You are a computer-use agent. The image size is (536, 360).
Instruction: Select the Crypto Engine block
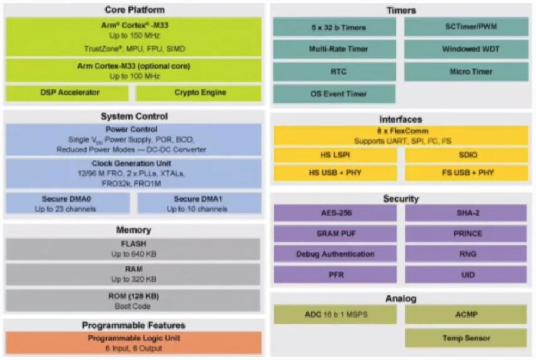[199, 93]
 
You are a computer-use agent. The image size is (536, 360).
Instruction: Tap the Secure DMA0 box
[67, 204]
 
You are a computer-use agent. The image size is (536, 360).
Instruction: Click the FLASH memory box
[133, 249]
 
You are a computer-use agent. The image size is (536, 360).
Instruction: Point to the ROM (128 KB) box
[133, 300]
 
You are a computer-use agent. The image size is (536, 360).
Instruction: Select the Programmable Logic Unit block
[133, 343]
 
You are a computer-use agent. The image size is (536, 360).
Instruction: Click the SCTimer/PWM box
[466, 27]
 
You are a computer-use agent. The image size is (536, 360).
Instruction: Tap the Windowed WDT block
[466, 49]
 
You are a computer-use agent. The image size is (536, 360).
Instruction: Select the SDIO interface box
[466, 155]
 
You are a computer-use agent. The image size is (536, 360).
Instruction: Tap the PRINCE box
[466, 234]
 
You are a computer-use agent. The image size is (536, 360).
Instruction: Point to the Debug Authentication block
[335, 254]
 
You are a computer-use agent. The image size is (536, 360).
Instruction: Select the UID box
[466, 274]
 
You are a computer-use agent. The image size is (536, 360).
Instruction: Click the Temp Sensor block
[466, 338]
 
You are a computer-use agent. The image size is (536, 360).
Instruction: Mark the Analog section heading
[401, 298]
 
